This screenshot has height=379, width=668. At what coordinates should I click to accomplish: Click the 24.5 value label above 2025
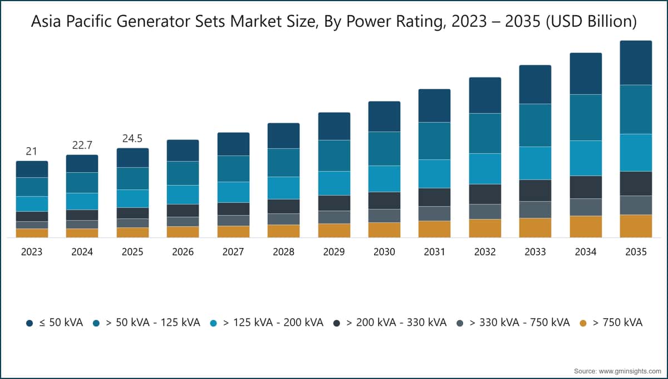click(x=132, y=139)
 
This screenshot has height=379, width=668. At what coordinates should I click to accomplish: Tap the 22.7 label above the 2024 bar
click(x=82, y=145)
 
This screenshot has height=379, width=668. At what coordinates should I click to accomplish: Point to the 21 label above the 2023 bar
click(x=32, y=152)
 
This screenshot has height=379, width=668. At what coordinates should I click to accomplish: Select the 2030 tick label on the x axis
click(x=384, y=252)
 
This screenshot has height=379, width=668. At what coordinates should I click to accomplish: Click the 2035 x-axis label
click(x=636, y=252)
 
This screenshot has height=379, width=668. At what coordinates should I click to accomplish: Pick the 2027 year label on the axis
click(x=233, y=252)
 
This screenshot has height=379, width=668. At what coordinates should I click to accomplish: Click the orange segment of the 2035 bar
click(x=636, y=226)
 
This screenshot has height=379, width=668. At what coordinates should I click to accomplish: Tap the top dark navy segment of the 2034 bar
click(x=586, y=74)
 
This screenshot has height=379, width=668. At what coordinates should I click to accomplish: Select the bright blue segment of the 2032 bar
click(x=485, y=169)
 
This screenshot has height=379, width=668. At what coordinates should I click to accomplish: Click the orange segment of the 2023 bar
click(x=32, y=233)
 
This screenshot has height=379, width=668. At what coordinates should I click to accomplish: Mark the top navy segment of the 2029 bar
click(x=334, y=127)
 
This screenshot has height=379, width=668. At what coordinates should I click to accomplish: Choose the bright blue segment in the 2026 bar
click(x=183, y=195)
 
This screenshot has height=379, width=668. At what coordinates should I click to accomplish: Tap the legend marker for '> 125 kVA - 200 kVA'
click(x=214, y=323)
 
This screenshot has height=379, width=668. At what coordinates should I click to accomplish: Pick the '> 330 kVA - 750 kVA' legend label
click(x=519, y=323)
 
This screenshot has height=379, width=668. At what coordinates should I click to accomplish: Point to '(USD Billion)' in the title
click(x=591, y=22)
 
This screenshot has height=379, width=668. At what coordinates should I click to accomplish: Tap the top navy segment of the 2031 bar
click(x=434, y=106)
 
